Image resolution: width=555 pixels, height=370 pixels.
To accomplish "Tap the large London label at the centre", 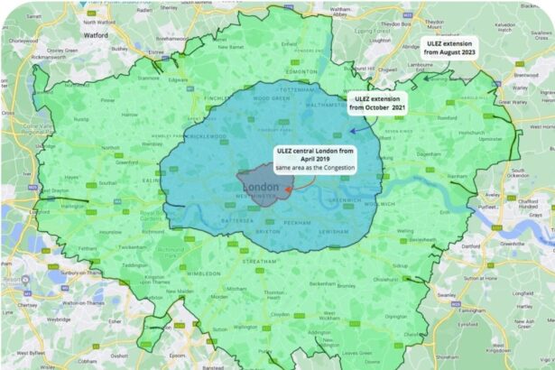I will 261,187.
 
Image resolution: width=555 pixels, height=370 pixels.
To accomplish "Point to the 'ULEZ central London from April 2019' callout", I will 315,160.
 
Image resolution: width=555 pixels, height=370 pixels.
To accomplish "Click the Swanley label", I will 446,294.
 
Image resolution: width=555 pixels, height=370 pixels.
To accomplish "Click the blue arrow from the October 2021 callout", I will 359,129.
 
